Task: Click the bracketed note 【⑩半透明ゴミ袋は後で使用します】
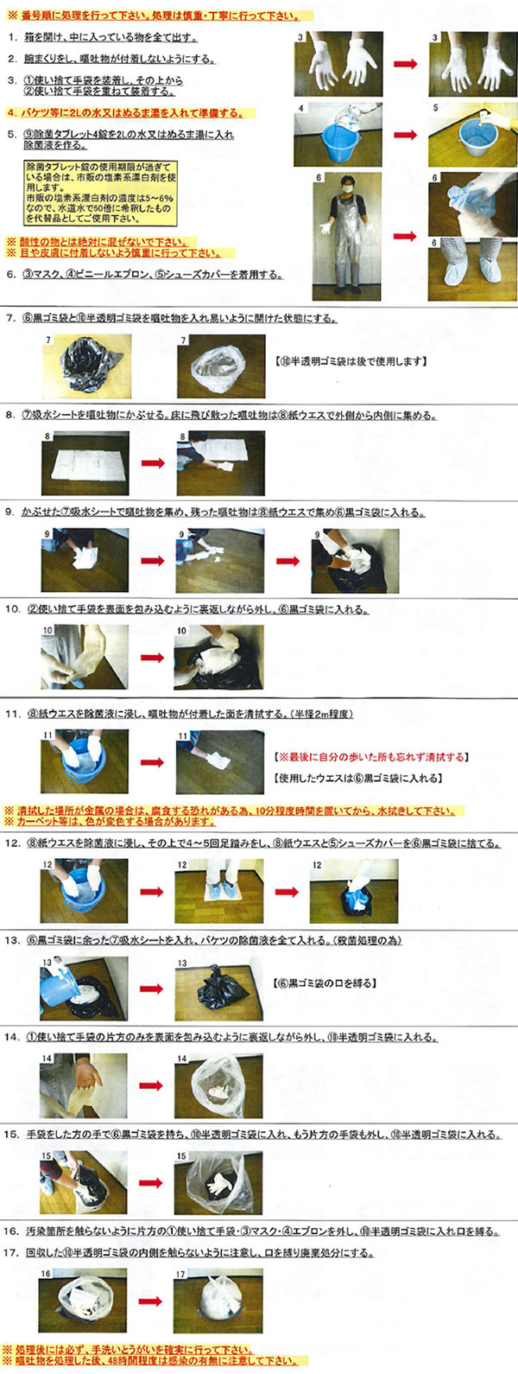(x=351, y=361)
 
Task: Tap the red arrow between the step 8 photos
(x=153, y=463)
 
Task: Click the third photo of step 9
(x=355, y=561)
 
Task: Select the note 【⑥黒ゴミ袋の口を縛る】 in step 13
(x=324, y=983)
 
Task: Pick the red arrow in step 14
(x=152, y=1086)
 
